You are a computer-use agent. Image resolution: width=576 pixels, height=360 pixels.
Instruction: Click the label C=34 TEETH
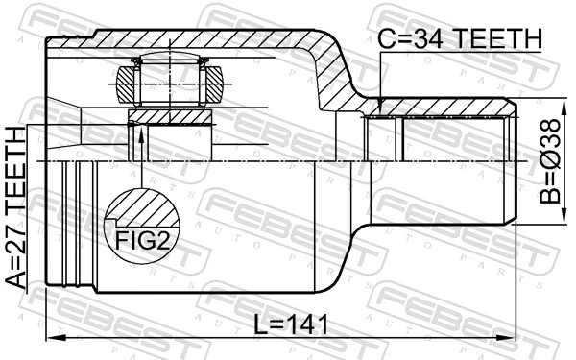coord(459,37)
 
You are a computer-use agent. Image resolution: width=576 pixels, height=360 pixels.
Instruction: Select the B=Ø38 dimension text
coord(550,161)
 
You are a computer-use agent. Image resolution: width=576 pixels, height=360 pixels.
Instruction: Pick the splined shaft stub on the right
coord(442,162)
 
